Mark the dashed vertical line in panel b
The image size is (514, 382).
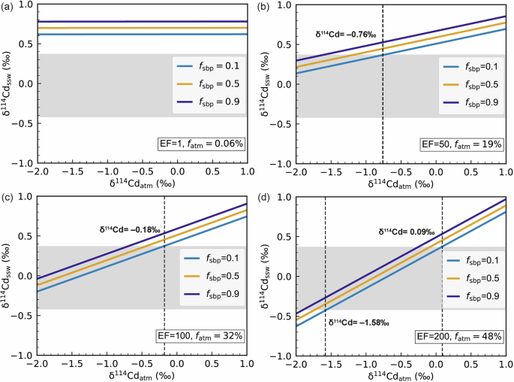tap(383, 113)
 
